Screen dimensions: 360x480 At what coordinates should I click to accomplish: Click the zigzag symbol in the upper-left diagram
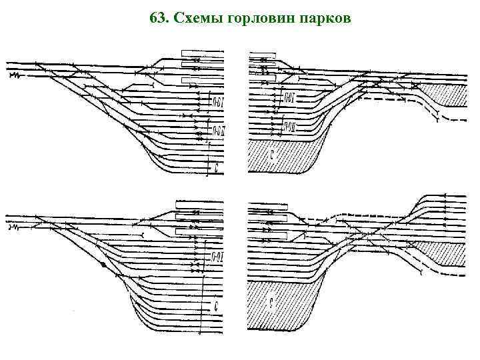15,76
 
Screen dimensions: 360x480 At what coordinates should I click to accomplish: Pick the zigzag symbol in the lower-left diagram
14,228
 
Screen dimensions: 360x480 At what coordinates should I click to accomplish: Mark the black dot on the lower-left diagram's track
103,265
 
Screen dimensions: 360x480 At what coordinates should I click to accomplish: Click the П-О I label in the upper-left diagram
218,102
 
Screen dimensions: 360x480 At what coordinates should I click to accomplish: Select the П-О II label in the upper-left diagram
219,129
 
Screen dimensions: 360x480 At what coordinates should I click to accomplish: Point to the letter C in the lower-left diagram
217,307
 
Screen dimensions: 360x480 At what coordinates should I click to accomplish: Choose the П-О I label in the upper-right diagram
289,98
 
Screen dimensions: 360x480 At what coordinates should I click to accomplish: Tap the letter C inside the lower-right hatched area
271,304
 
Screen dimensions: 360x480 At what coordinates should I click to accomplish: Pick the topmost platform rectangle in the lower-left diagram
198,204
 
